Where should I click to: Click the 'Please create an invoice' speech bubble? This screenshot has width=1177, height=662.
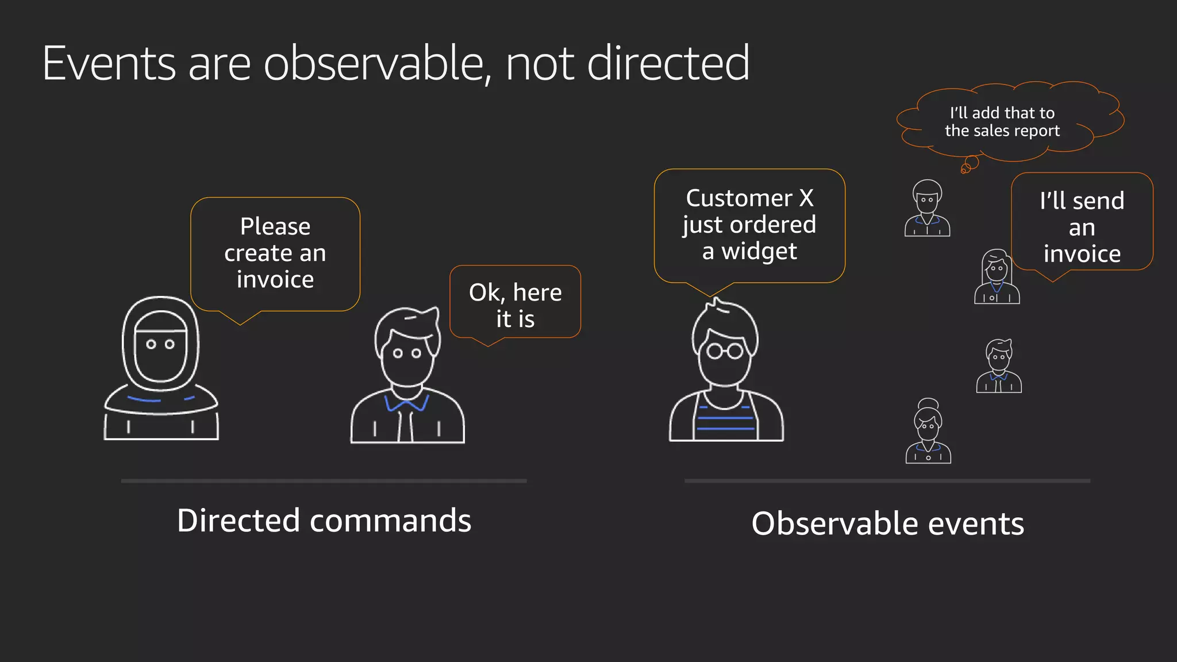(275, 253)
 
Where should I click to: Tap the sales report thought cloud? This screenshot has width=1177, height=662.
(1002, 122)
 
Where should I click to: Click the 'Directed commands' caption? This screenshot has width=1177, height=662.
(324, 521)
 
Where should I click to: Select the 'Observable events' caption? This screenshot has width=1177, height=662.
(887, 524)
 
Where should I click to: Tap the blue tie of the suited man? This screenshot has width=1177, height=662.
(407, 405)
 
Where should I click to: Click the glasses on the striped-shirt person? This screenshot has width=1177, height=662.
(725, 350)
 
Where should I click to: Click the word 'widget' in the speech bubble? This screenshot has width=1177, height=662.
(759, 252)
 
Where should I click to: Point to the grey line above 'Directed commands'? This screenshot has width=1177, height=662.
(324, 480)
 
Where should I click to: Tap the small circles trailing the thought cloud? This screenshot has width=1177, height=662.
(969, 165)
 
